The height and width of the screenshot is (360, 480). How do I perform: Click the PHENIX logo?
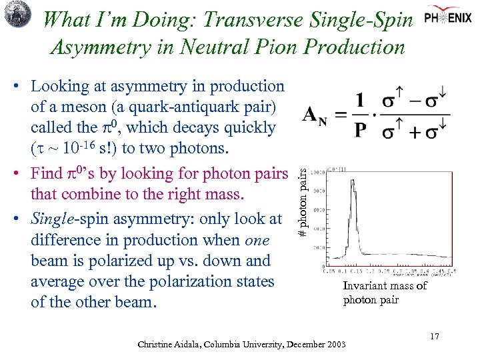point(450,16)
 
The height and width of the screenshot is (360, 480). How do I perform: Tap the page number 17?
point(434,336)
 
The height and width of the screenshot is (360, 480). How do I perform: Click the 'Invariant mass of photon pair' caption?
point(385,293)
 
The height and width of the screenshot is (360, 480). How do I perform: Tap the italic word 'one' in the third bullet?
point(257,240)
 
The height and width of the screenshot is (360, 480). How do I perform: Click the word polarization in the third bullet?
point(193,281)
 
